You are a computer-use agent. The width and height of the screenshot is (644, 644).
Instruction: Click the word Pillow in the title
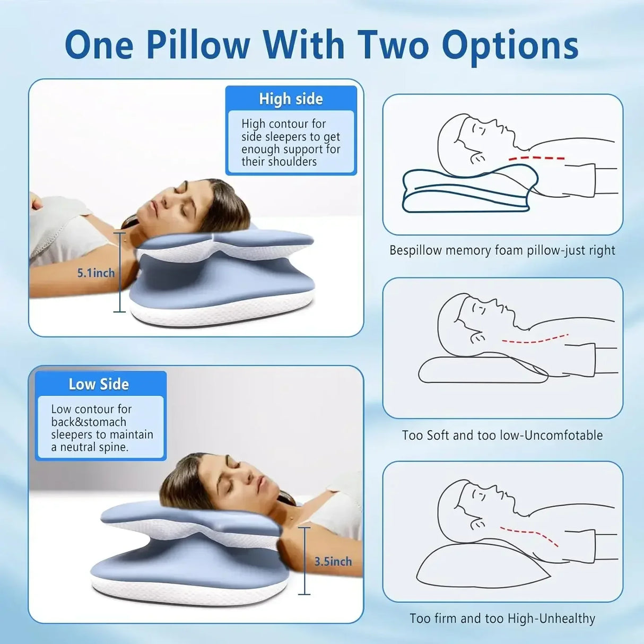point(197,45)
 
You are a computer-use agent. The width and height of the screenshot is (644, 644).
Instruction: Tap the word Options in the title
point(510,46)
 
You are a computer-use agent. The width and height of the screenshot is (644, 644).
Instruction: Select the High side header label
point(291,99)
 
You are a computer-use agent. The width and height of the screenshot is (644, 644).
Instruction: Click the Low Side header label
point(99,384)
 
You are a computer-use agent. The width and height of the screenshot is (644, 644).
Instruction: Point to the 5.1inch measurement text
point(95,273)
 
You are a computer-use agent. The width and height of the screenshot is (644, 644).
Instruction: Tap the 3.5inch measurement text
point(333,561)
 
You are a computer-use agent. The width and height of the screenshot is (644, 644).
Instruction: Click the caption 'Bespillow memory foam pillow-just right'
point(502,250)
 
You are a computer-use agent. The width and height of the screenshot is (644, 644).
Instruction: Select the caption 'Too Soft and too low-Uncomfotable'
point(502,436)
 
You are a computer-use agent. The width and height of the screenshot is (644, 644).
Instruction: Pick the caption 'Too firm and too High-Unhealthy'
point(502,619)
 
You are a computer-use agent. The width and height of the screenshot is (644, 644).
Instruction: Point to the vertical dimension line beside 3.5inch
point(304,561)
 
